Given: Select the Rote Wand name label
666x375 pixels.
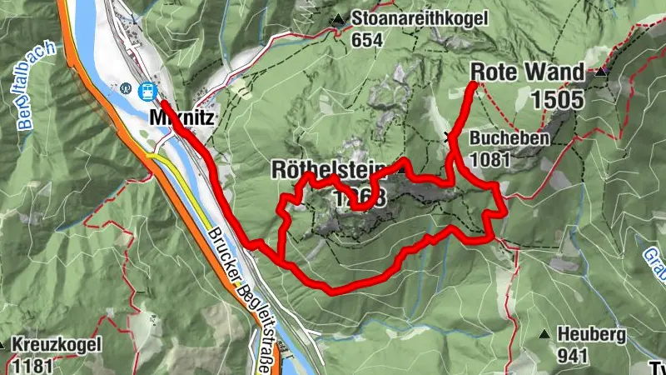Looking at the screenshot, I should (x=528, y=72).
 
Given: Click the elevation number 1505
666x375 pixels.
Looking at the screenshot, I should (x=557, y=99).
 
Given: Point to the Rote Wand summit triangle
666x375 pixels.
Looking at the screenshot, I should (x=599, y=72).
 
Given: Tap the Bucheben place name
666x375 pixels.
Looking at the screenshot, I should (x=509, y=138).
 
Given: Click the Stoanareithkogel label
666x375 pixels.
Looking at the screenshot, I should (x=407, y=18).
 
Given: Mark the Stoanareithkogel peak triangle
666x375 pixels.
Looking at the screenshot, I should (x=339, y=19).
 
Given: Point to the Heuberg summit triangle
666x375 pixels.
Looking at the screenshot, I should (x=544, y=335).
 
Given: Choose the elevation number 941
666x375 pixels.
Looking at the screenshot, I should (x=573, y=356).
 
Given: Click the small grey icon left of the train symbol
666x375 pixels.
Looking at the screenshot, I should (x=127, y=87).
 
